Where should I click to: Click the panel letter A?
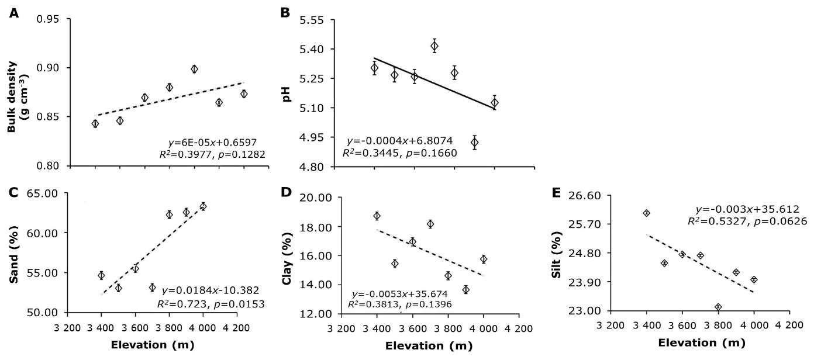[13, 11]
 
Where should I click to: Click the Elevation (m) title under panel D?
[429, 345]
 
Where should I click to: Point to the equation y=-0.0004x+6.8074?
[402, 141]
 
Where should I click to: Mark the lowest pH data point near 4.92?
[474, 142]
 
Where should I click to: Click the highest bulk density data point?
[195, 69]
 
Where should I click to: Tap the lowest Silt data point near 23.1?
[718, 307]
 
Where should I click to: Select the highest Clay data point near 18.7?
[377, 216]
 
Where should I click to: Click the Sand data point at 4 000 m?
[203, 206]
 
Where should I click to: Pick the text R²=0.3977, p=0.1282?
[210, 154]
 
